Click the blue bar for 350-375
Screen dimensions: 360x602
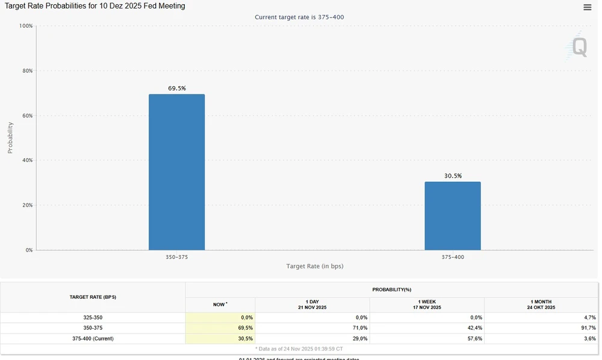[x=176, y=172]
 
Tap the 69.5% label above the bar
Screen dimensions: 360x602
[x=177, y=88]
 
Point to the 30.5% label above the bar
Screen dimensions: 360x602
[x=453, y=176]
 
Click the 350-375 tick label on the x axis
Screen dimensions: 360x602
[x=177, y=257]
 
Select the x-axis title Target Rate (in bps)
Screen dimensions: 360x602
[x=315, y=266]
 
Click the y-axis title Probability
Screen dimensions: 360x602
[x=10, y=138]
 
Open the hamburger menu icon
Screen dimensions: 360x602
[x=587, y=7]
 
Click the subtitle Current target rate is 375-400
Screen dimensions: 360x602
[x=299, y=17]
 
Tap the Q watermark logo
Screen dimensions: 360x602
[x=579, y=47]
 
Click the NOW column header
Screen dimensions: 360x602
[x=220, y=305]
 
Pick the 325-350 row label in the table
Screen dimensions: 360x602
[x=93, y=317]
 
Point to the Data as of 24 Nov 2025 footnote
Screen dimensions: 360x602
[x=299, y=349]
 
